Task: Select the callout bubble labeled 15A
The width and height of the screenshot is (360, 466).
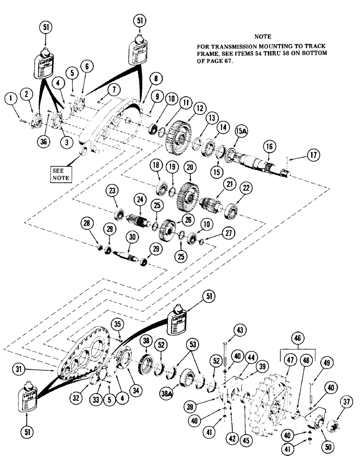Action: [x=241, y=129]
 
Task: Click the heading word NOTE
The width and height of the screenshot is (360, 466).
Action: [x=263, y=36]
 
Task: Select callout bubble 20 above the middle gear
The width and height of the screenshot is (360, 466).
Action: [x=189, y=167]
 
